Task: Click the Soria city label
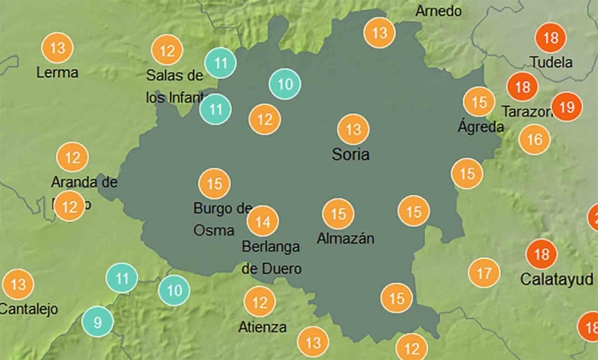pos(350,154)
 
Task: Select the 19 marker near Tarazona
pos(566,106)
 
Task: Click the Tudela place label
pos(551,62)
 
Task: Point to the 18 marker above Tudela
pos(551,38)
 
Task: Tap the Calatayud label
pos(557,278)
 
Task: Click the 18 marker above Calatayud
pos(541,254)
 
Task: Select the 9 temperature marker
pos(98,321)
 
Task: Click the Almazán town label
pos(345,239)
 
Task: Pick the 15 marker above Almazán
pos(338,213)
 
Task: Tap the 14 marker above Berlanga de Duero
pos(263,222)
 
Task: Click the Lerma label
pos(57,72)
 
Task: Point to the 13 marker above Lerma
pos(57,48)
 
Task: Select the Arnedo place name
pos(438,11)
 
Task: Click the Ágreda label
pos(481,127)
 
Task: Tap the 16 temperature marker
pos(535,139)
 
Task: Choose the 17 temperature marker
pos(483,273)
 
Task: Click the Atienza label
pos(262,327)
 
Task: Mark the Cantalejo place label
pos(28,308)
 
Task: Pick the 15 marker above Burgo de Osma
pos(214,183)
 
